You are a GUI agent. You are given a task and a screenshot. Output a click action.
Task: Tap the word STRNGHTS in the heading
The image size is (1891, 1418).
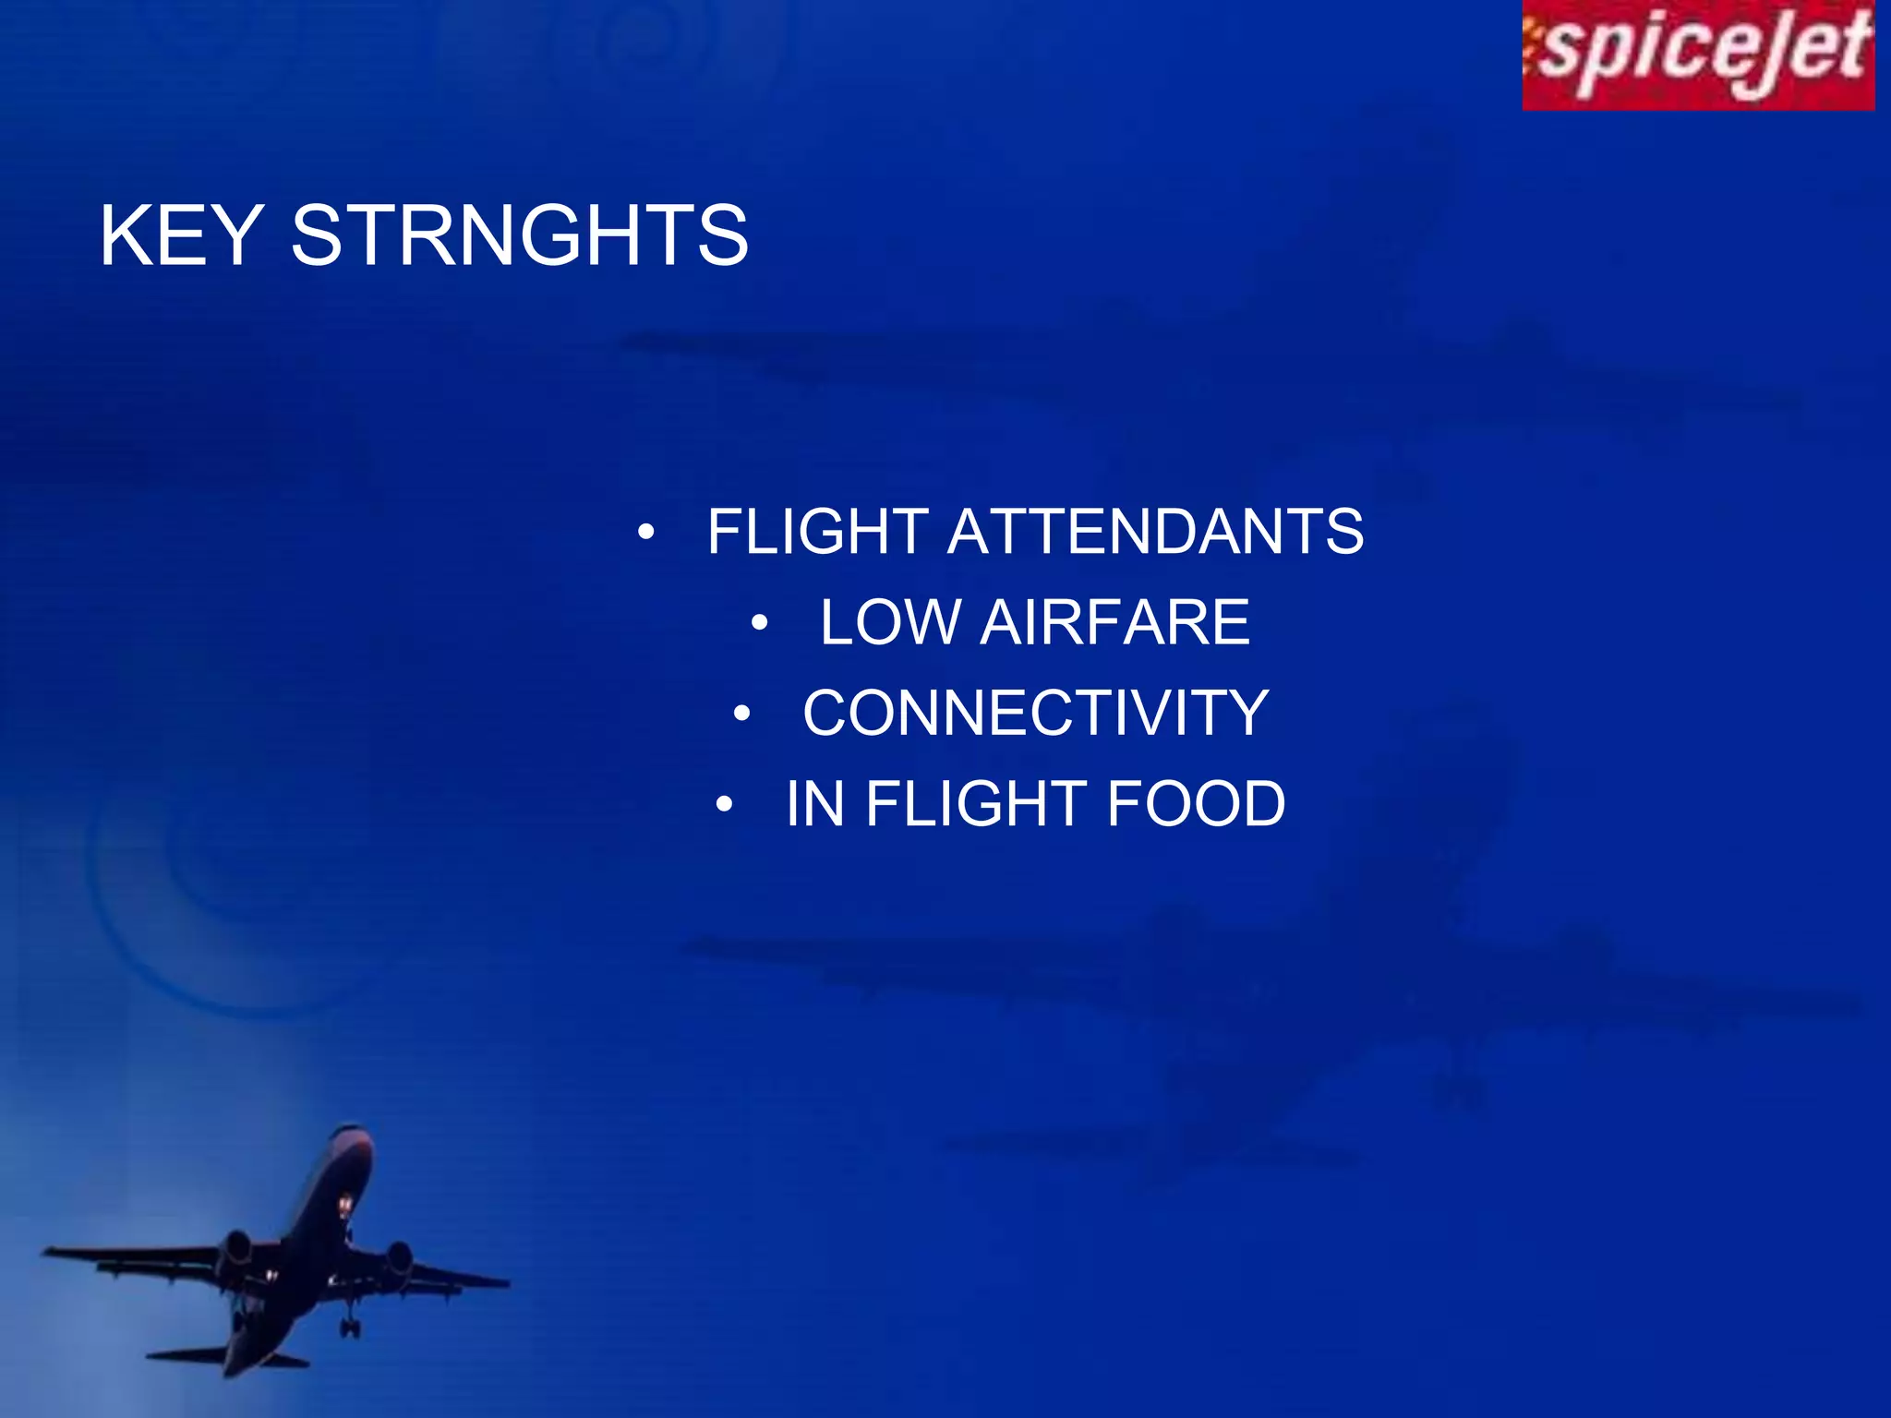tap(519, 236)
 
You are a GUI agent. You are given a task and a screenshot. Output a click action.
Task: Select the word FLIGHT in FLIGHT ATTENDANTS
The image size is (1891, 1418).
tap(817, 532)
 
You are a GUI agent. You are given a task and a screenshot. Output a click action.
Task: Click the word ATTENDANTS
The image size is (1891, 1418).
tap(1155, 532)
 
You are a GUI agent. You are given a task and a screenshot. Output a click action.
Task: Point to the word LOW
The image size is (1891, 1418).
tap(890, 622)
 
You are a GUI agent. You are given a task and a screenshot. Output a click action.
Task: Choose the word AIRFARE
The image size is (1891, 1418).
tap(1114, 622)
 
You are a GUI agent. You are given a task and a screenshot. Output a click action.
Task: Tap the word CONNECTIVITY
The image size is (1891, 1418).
tap(1035, 713)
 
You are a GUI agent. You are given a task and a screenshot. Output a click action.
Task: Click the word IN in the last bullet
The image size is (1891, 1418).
tap(814, 804)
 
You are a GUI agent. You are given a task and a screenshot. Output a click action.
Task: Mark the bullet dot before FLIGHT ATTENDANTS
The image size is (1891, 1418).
tap(646, 533)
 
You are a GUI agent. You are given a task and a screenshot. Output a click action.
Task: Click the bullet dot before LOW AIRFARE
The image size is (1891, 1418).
tap(759, 623)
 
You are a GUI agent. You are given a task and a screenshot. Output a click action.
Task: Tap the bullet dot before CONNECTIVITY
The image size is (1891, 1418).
tap(742, 714)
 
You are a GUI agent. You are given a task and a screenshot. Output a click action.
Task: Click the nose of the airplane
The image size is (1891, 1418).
tap(352, 1132)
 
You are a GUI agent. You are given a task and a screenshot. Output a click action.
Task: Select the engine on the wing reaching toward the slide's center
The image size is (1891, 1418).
tap(399, 1256)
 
